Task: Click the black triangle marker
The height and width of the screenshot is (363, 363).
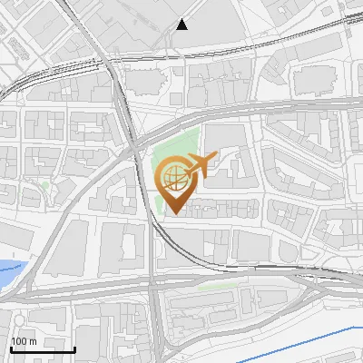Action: tap(182, 25)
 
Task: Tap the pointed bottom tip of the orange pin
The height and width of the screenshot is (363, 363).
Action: tap(173, 214)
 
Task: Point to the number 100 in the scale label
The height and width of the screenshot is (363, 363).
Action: tap(19, 341)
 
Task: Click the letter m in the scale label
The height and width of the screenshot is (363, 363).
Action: tap(33, 341)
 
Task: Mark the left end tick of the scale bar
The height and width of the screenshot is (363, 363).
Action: tap(10, 348)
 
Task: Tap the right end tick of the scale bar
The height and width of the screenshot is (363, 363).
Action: tap(74, 348)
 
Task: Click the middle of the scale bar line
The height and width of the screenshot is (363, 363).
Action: tap(42, 349)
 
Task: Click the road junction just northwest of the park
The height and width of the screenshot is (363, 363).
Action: tap(133, 145)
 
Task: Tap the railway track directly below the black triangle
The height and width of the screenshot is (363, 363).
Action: tap(182, 54)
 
